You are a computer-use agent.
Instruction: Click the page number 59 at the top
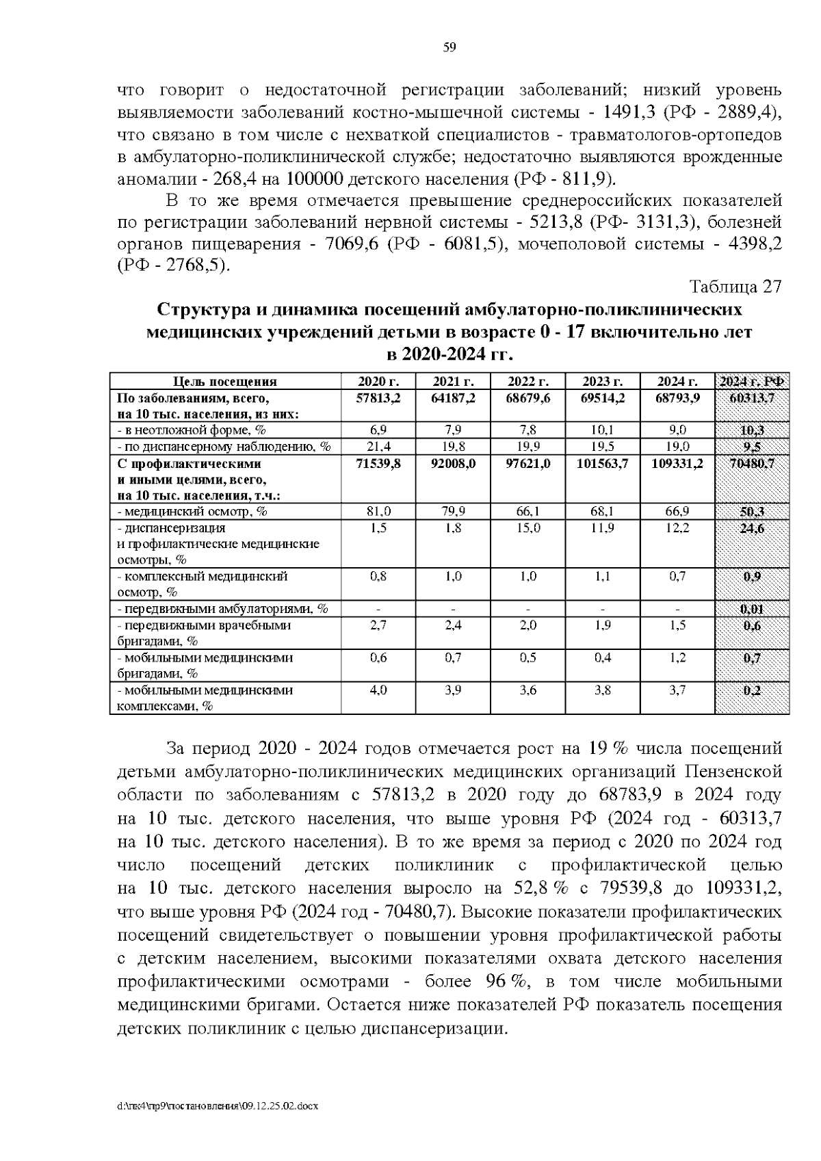tap(449, 47)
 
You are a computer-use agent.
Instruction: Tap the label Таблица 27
tap(735, 286)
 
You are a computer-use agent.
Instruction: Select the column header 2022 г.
tap(527, 382)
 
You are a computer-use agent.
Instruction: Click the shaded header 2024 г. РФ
tap(751, 382)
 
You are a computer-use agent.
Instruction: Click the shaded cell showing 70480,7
tap(751, 463)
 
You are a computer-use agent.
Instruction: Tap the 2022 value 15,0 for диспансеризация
tap(527, 528)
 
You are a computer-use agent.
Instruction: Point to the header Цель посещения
tap(225, 382)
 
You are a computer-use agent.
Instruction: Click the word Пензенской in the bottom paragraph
tap(733, 772)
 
